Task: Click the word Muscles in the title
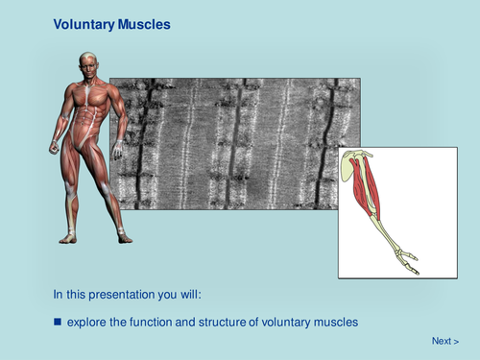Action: click(144, 24)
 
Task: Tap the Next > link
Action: click(444, 341)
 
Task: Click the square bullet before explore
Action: click(58, 322)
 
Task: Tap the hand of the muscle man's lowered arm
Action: click(54, 147)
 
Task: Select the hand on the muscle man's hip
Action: click(117, 150)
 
